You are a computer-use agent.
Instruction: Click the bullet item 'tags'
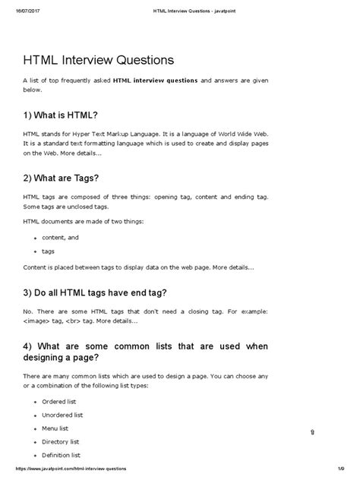pyautogui.click(x=49, y=250)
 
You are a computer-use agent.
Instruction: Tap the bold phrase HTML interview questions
pyautogui.click(x=158, y=81)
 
